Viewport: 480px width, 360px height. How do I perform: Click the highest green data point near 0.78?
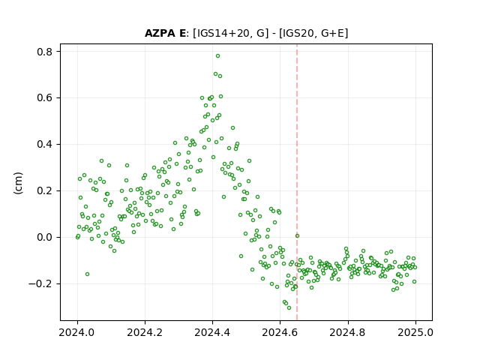(x=217, y=56)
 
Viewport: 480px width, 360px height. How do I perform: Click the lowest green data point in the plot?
(x=289, y=307)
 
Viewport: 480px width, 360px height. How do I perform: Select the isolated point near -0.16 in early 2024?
(x=87, y=274)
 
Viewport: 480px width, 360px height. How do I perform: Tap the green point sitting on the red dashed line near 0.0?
(x=297, y=235)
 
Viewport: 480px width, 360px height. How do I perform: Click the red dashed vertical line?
(x=297, y=182)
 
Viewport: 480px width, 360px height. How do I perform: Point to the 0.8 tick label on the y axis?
(x=44, y=52)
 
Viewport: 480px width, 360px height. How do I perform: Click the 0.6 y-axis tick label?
(x=44, y=98)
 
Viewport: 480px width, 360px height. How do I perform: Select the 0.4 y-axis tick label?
(x=44, y=144)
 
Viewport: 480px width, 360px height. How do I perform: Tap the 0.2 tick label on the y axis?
(x=44, y=190)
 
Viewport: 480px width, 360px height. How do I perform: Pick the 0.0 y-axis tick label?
(x=44, y=237)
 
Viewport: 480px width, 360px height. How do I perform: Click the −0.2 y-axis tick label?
(x=40, y=283)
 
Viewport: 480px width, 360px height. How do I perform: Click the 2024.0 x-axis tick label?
(x=77, y=332)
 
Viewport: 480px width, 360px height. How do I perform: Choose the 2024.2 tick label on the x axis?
(x=145, y=332)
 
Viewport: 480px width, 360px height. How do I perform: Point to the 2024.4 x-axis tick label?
(x=212, y=332)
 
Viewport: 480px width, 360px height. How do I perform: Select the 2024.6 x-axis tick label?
(x=280, y=332)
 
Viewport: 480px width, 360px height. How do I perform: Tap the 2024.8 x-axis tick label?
(x=347, y=332)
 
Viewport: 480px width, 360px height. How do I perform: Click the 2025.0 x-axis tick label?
(x=415, y=332)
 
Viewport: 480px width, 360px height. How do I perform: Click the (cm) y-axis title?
(x=18, y=183)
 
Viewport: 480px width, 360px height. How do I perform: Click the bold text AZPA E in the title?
(x=165, y=33)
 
